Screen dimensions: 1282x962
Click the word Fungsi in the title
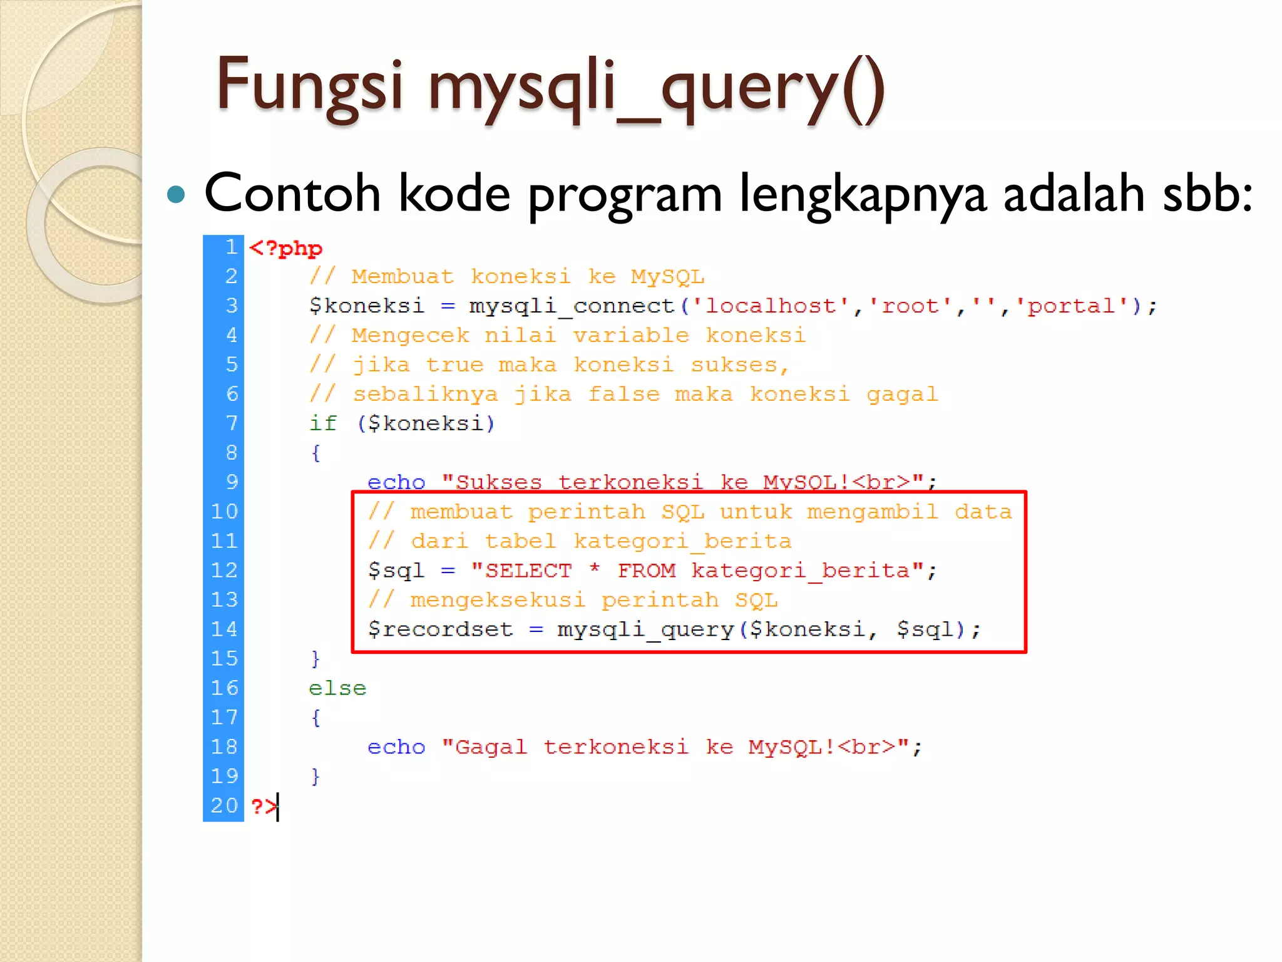(309, 85)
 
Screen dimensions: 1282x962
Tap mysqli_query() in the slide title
(656, 88)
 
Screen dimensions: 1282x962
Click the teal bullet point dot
(177, 195)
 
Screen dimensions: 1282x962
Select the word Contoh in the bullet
(292, 194)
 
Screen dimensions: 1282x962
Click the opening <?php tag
(285, 248)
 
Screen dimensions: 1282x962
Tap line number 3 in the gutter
(232, 306)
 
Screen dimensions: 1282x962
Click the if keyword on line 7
(323, 423)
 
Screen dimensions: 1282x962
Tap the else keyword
(337, 688)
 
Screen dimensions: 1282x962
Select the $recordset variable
(440, 629)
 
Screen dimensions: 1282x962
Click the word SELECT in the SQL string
(528, 571)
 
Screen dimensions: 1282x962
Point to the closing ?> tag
(263, 805)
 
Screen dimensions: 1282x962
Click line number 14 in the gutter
(224, 629)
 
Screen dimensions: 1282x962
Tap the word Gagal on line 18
(491, 747)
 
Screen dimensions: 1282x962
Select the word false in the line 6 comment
(623, 394)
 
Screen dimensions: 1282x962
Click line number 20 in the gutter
(224, 805)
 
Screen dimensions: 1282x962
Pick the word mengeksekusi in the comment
(498, 600)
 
